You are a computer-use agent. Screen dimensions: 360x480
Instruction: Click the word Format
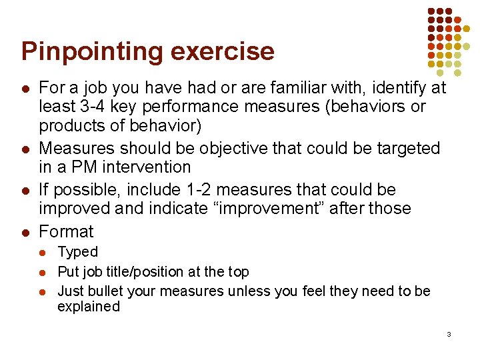coord(67,232)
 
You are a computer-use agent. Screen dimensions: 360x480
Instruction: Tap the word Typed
coord(78,252)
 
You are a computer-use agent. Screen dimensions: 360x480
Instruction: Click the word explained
coord(89,307)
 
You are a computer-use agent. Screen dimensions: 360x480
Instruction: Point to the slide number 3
coord(449,333)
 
